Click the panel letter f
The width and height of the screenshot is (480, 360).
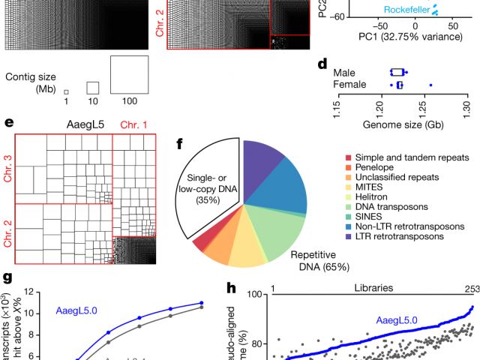point(181,143)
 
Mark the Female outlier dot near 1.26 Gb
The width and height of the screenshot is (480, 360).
point(430,85)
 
